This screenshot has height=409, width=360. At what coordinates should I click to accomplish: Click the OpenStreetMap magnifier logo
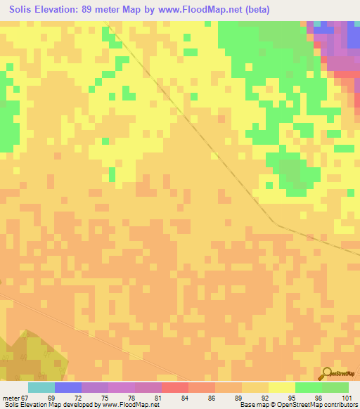tap(326, 372)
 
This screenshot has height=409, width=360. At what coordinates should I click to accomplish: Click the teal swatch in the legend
tap(41, 387)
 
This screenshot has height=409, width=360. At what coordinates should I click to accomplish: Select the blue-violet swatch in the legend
tap(68, 387)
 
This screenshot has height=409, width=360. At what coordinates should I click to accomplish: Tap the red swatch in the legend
tap(175, 387)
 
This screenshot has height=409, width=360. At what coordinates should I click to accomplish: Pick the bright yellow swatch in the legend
tap(282, 387)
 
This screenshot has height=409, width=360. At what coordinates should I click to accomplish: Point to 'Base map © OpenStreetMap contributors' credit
tap(298, 405)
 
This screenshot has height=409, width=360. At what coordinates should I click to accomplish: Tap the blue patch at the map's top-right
tap(325, 30)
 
